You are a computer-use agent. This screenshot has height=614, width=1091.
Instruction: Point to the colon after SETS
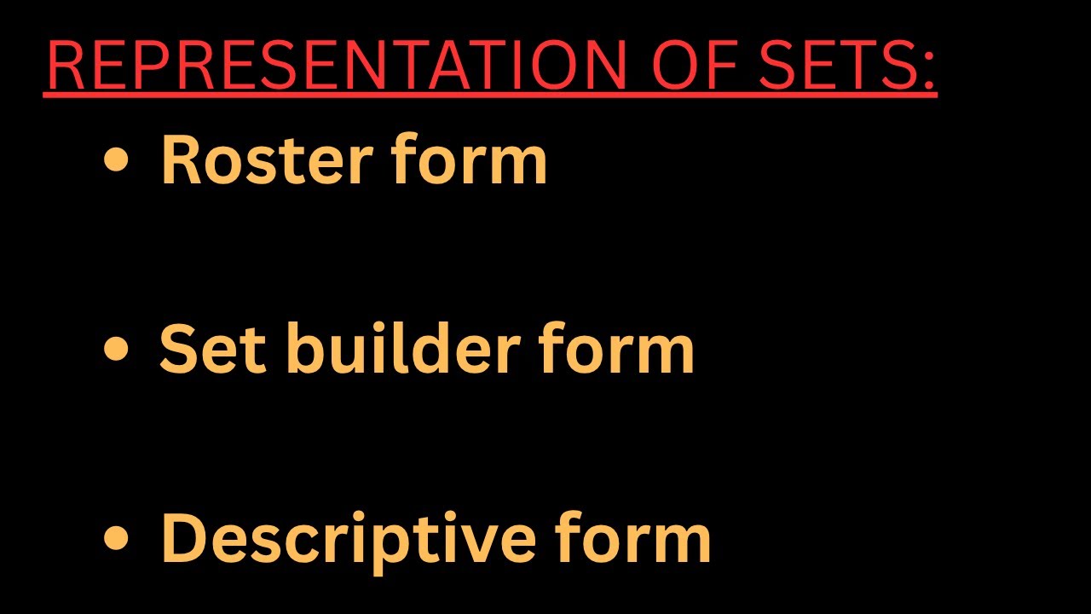[x=927, y=68]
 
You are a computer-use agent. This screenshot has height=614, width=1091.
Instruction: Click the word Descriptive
[x=349, y=539]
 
